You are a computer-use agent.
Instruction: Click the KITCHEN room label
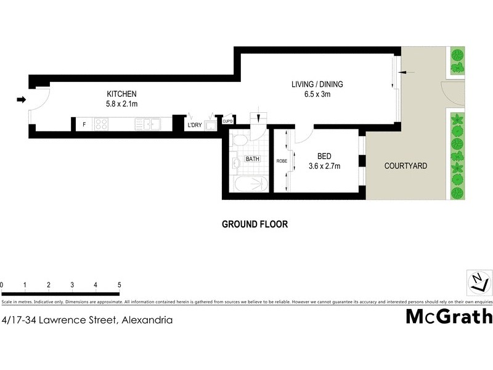(121, 94)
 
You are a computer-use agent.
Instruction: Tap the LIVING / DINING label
(317, 84)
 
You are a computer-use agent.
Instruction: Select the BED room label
(324, 156)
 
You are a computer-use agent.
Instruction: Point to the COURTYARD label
(405, 166)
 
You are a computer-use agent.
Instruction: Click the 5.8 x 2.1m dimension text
(121, 104)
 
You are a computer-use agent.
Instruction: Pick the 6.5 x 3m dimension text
(317, 94)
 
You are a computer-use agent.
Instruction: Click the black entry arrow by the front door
(22, 100)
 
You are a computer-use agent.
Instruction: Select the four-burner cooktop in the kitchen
(102, 125)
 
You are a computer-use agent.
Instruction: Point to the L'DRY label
(195, 126)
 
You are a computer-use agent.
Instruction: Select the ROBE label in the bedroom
(282, 160)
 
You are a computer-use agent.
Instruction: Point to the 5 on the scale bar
(119, 285)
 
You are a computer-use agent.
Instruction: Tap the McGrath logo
(449, 317)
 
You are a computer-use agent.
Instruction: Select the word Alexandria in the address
(147, 320)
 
